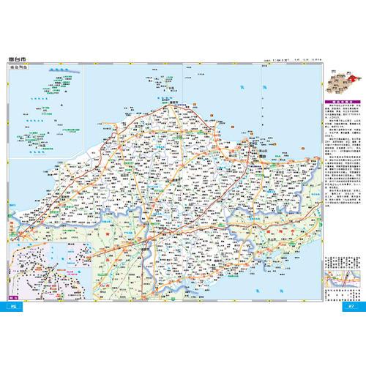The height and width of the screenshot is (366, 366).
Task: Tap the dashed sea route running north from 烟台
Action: click(x=261, y=110)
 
